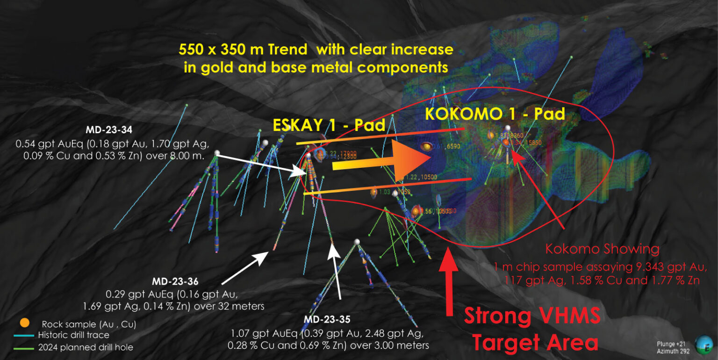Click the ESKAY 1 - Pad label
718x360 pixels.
(329, 125)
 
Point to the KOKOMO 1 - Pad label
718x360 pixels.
(495, 114)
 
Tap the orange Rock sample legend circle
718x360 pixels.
(25, 323)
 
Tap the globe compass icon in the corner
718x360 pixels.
(703, 345)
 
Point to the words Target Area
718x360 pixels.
(535, 343)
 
